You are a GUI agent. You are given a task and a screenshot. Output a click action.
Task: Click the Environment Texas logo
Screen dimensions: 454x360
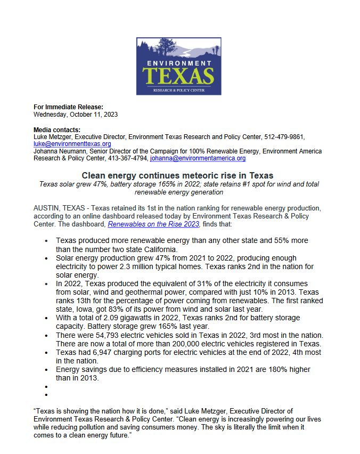[x=179, y=66]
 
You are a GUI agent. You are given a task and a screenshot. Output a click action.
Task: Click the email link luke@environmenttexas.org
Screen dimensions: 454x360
[x=72, y=144]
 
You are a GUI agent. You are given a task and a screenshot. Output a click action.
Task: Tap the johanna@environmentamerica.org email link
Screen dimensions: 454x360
[x=198, y=158]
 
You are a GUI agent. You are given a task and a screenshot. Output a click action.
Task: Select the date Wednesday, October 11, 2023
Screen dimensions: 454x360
[x=76, y=114]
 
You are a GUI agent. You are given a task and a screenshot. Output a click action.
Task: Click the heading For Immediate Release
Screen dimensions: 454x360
[x=68, y=107]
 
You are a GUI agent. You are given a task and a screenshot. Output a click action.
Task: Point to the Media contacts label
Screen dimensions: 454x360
[x=57, y=130]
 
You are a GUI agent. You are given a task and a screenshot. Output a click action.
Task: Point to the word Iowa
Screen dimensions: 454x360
[x=87, y=310]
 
